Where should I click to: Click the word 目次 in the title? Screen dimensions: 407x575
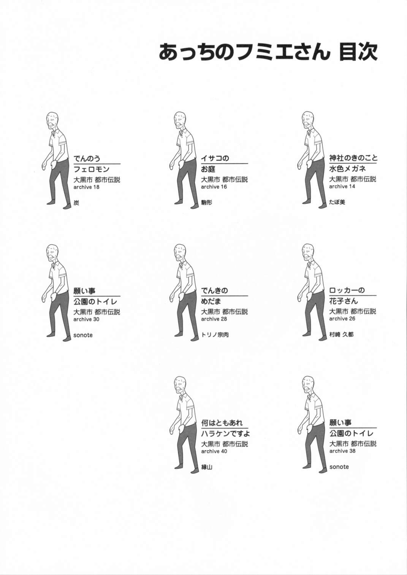coord(358,52)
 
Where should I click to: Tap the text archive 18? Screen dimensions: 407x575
coord(86,187)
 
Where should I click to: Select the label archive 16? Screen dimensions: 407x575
coord(214,187)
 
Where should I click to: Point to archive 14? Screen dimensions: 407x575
coord(342,186)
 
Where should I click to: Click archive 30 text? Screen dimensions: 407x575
coord(86,319)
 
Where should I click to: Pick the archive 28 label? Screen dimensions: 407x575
coord(214,319)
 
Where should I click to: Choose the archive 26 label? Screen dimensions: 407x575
coord(342,318)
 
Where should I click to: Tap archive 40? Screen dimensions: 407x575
coord(214,451)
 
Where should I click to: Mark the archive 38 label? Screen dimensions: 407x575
coord(342,451)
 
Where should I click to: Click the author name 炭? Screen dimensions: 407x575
coord(76,203)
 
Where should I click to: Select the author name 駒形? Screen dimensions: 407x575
coord(207,203)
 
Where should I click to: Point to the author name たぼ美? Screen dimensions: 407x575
coord(337,202)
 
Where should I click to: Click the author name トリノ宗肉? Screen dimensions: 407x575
coord(215,335)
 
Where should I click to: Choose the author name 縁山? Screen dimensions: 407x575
coord(207,467)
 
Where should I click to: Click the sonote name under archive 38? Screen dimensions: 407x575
coord(339,467)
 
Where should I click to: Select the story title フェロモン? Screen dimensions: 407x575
coord(91,169)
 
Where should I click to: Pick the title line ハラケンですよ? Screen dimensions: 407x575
coord(225,434)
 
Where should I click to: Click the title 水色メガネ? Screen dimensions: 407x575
coord(347,169)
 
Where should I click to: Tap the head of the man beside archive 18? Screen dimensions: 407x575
coord(52,120)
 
